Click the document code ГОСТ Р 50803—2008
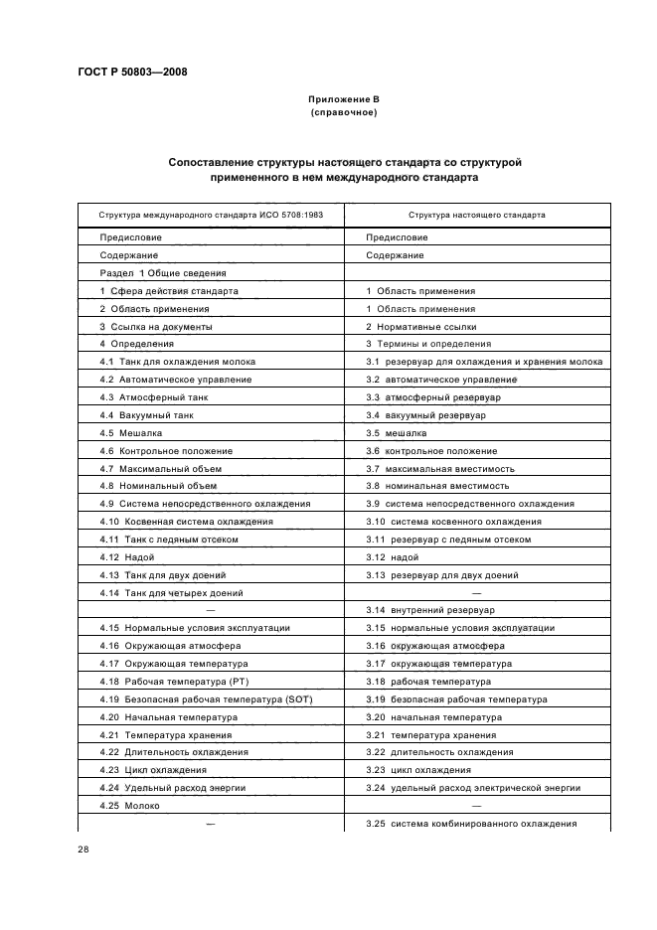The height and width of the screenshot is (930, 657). [x=131, y=71]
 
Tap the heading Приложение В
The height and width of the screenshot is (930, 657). [x=344, y=99]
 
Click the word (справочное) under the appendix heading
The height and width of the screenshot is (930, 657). [x=344, y=112]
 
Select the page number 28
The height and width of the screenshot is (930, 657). [x=83, y=850]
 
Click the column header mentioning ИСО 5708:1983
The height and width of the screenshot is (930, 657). [x=212, y=215]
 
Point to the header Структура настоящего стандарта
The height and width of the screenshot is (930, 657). [x=476, y=215]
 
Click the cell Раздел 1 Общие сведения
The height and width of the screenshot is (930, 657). [x=164, y=273]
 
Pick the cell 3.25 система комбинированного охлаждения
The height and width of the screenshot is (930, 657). [x=471, y=825]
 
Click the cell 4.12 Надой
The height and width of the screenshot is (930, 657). [x=128, y=557]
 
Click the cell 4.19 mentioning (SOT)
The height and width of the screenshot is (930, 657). [x=207, y=699]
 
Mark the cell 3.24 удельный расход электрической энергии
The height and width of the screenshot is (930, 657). [x=472, y=788]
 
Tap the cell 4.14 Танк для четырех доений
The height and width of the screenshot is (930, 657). [x=171, y=592]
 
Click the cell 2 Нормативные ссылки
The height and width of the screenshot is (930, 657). [x=421, y=326]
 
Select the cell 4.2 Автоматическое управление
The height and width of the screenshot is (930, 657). [x=176, y=380]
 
